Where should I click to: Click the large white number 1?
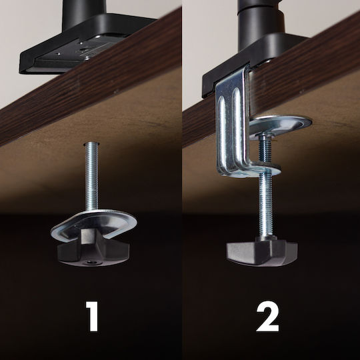(x=93, y=317)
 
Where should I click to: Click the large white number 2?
(x=268, y=317)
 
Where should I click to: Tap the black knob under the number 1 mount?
(x=93, y=250)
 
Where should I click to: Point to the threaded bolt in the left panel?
(x=91, y=177)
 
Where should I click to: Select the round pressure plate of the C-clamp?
(x=281, y=126)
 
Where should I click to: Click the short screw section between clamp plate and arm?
(x=265, y=149)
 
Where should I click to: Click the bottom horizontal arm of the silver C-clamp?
(x=250, y=171)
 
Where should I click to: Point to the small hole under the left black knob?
(x=90, y=262)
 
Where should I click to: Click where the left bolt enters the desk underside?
(x=91, y=144)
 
